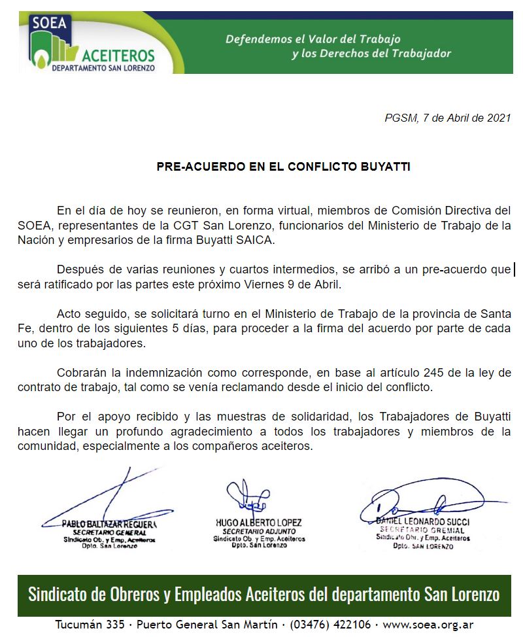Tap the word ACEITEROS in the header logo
coord(118,55)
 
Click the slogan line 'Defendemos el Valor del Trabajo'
coord(312,39)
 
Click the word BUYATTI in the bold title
coord(386,166)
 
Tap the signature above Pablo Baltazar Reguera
coord(105,500)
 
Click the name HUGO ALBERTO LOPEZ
coord(258,523)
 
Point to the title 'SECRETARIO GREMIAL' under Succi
coord(422,530)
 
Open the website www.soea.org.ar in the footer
coord(428,625)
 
